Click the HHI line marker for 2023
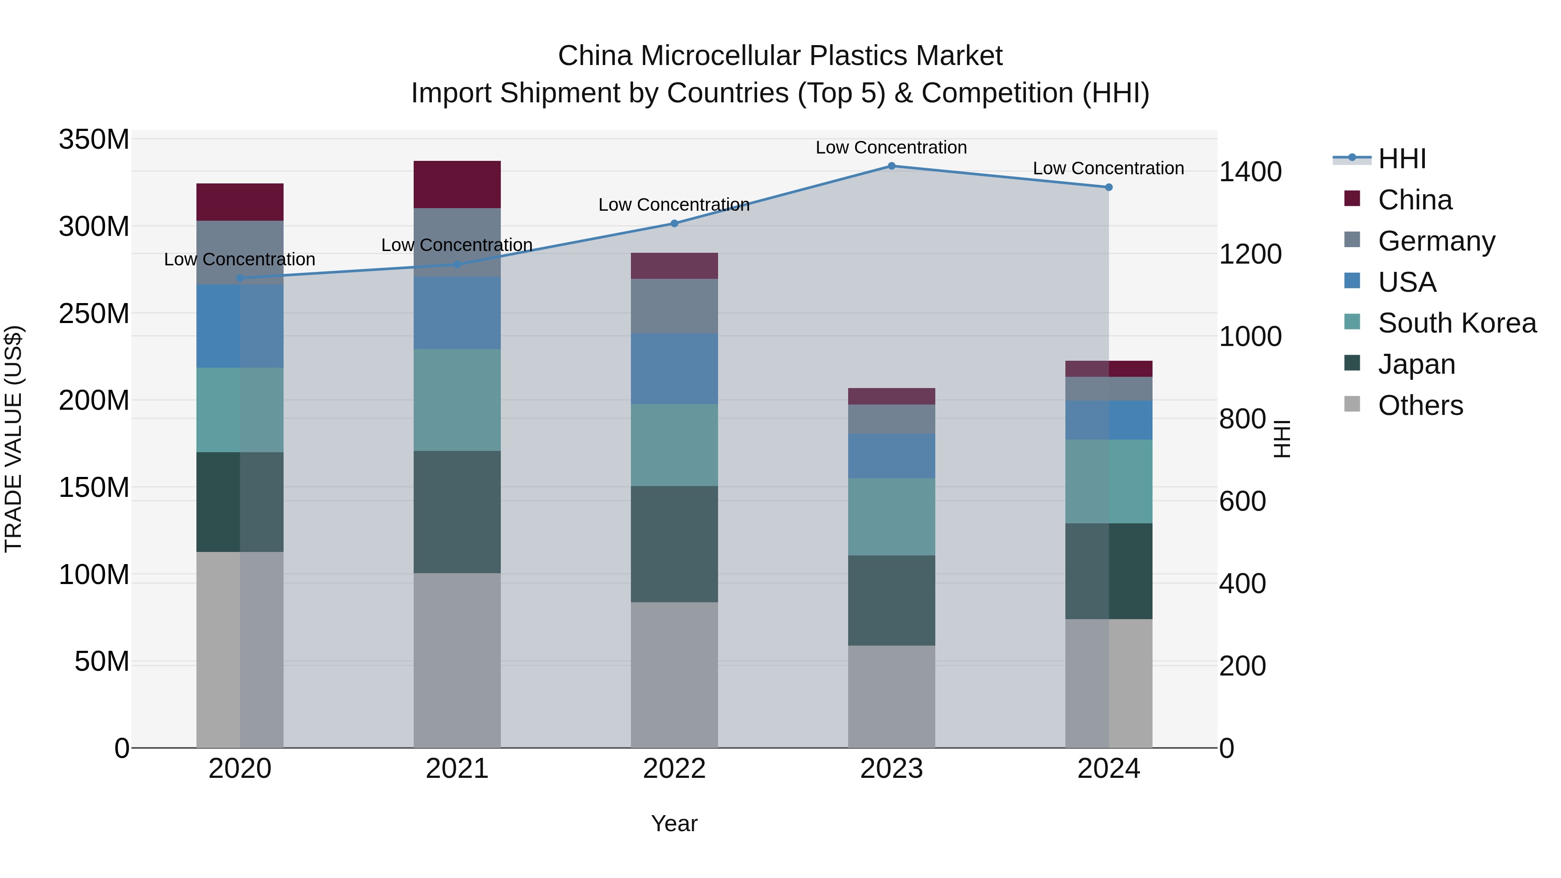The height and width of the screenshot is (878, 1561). [x=892, y=166]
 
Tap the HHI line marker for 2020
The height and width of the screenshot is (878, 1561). [x=240, y=278]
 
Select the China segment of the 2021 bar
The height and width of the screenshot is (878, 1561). [x=457, y=185]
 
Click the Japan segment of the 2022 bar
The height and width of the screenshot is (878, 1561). [x=674, y=544]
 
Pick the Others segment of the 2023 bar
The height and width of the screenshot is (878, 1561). [x=892, y=696]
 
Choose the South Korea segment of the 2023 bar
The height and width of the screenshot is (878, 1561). [x=892, y=516]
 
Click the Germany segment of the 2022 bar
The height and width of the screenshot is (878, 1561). [x=674, y=306]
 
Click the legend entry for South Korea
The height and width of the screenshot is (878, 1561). [x=1457, y=323]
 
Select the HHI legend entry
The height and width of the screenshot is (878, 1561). [x=1401, y=159]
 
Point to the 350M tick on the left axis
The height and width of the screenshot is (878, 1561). [x=94, y=140]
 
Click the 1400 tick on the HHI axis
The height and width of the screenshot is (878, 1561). [x=1250, y=172]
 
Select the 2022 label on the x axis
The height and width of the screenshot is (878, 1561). [x=674, y=769]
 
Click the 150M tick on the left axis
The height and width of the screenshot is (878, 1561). [x=94, y=487]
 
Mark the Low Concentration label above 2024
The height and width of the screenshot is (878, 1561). [x=1108, y=169]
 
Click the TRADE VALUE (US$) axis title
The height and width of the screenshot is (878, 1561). [x=13, y=439]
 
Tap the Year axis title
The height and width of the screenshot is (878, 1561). [x=674, y=824]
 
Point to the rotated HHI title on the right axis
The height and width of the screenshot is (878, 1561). [x=1282, y=439]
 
